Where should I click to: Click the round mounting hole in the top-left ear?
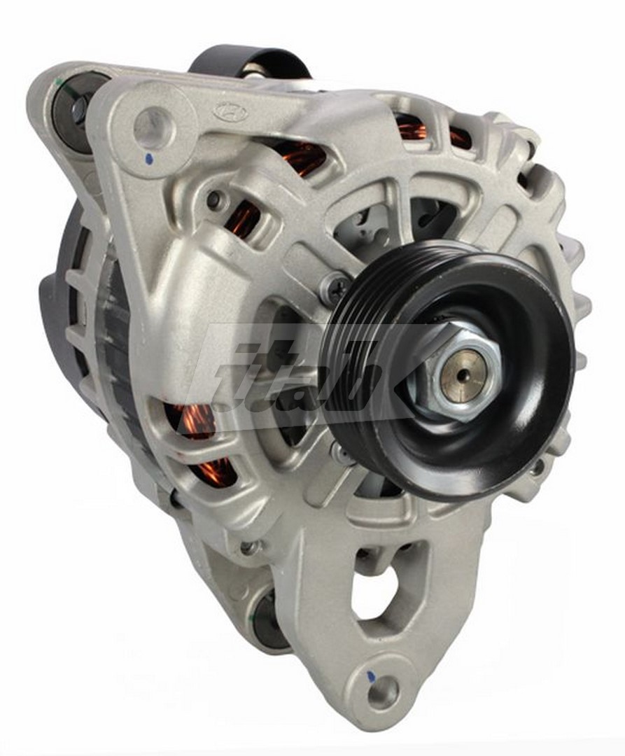pos(153,127)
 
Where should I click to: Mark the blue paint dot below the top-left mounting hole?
pos(148,160)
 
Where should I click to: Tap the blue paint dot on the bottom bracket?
pos(372,678)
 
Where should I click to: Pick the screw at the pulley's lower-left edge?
pos(342,452)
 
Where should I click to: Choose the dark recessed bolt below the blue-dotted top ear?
pos(215,200)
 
